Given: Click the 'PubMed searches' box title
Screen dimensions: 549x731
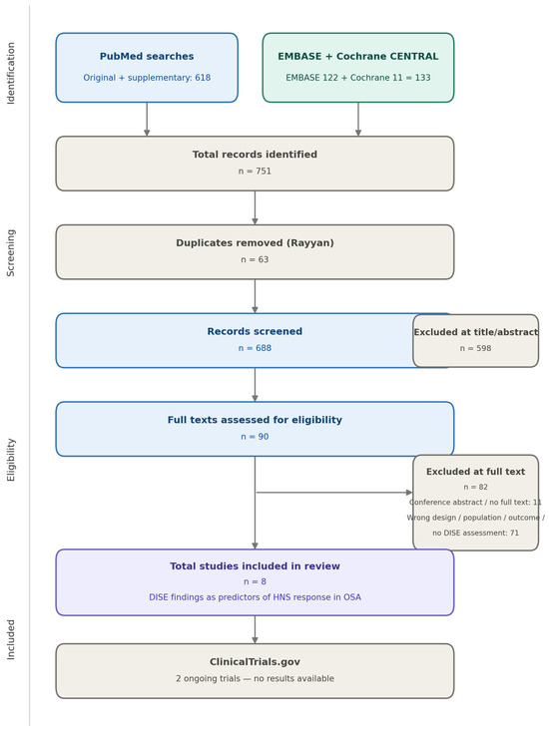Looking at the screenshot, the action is point(147,57).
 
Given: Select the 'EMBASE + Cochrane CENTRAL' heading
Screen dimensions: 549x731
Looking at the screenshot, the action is point(357,57).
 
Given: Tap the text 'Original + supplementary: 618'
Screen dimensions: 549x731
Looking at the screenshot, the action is point(147,78).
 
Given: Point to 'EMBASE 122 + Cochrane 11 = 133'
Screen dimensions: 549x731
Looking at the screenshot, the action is point(357,78).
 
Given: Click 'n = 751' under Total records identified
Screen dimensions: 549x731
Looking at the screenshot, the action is point(255,172).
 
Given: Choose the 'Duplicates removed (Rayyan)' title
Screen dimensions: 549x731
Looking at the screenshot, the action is point(255,243).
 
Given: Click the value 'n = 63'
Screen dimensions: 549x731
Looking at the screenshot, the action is point(255,259).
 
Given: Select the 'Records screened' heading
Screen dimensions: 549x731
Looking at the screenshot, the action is point(255,331).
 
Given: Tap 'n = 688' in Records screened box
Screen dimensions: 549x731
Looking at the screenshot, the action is point(255,348).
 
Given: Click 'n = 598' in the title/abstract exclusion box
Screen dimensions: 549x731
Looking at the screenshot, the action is point(475,348).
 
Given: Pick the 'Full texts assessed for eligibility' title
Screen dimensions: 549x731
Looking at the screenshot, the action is point(255,420).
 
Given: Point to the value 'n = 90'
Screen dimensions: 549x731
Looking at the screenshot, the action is point(255,437).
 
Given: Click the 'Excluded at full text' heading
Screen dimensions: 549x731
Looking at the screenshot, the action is point(475,472).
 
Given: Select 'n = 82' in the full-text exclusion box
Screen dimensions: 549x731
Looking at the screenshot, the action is point(475,488).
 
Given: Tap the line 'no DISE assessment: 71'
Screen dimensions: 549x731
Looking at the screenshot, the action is point(475,533).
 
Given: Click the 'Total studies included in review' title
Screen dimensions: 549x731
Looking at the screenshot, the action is point(255,566).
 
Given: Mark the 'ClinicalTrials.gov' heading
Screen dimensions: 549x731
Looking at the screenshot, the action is point(255,662).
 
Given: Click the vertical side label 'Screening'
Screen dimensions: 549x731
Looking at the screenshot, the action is point(11,252).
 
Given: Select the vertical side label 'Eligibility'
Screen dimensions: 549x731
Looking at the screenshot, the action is point(11,460).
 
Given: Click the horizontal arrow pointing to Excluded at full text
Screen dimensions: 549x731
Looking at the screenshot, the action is point(334,493).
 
